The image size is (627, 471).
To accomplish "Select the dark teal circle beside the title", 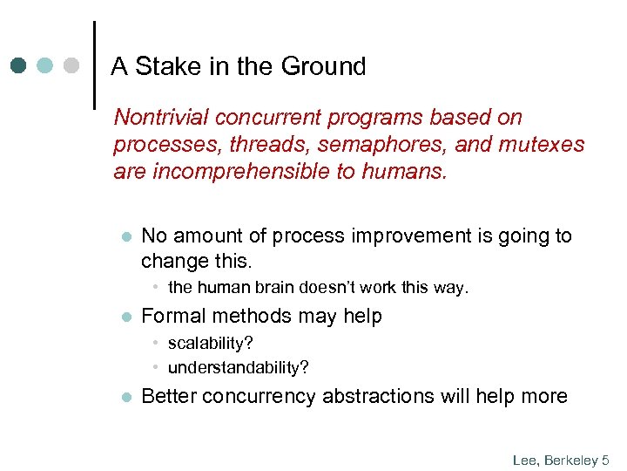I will [x=19, y=66].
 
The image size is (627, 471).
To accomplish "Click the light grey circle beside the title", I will [x=72, y=66].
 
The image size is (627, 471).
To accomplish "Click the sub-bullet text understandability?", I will [x=239, y=367].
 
